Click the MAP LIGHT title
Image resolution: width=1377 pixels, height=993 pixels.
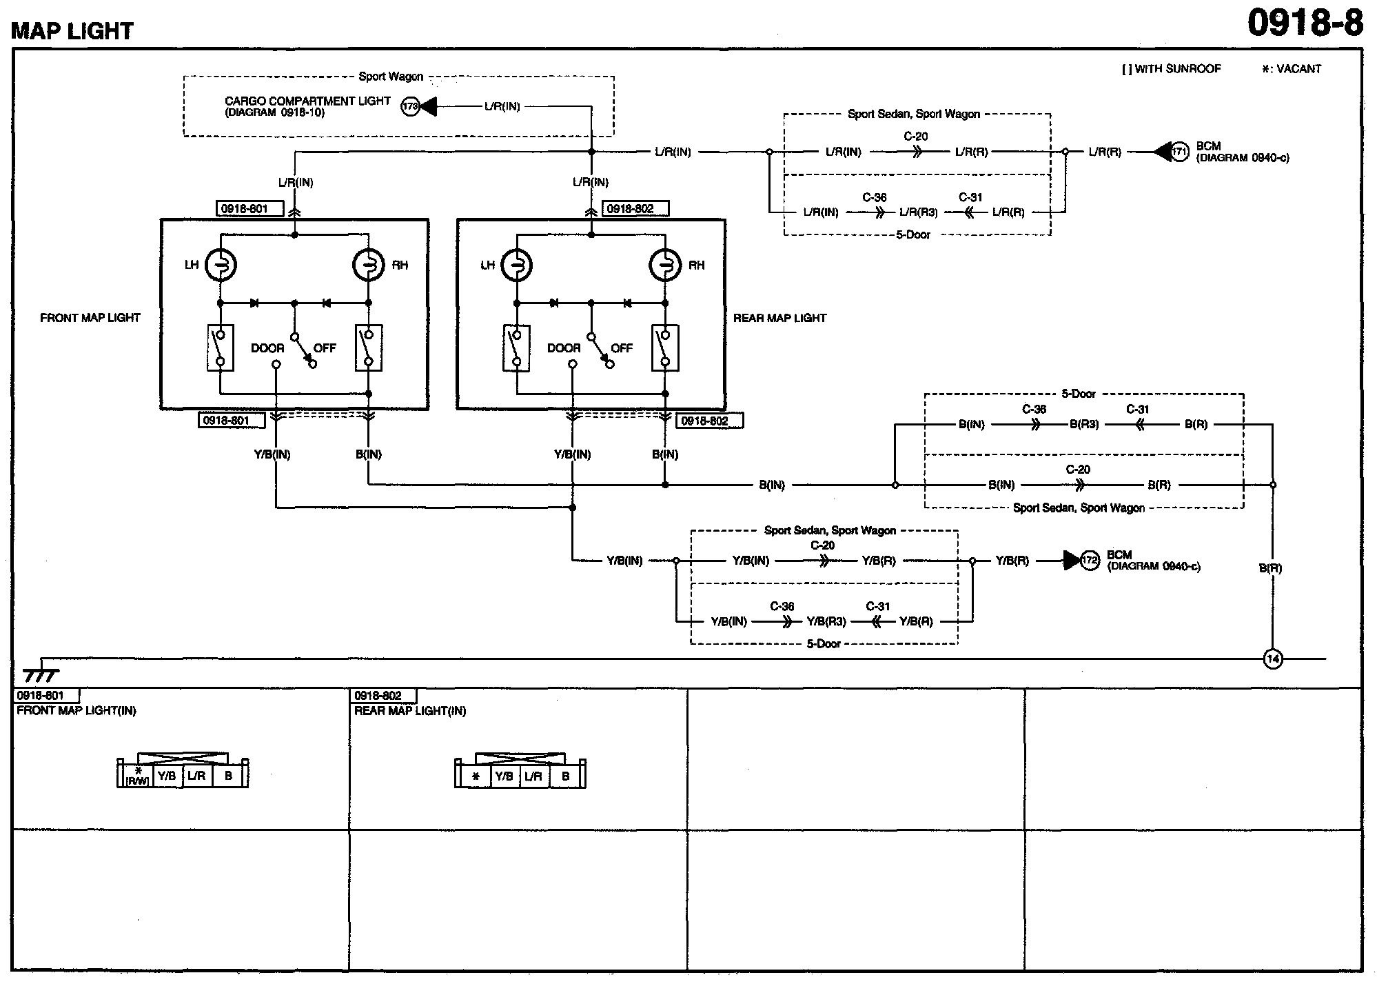72,30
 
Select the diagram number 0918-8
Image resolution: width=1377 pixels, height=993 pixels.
1305,23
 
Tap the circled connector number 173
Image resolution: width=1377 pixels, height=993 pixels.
411,107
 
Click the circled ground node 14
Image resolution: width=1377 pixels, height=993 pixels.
1272,659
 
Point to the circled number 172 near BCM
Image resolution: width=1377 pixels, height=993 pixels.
1089,561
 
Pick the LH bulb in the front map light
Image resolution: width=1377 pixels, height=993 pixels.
221,265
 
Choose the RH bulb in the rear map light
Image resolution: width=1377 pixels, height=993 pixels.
665,265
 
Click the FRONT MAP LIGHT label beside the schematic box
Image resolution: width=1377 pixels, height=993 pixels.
90,318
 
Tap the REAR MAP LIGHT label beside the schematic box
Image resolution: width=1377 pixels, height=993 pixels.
779,318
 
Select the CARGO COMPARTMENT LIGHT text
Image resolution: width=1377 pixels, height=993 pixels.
307,101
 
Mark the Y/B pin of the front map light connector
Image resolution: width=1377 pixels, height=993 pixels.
167,776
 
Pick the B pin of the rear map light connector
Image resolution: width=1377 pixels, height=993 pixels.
566,776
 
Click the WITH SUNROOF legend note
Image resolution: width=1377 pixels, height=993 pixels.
1172,69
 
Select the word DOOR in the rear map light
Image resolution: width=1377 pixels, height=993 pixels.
564,348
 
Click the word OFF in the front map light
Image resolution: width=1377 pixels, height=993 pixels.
325,348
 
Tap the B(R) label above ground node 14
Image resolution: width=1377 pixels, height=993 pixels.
1270,568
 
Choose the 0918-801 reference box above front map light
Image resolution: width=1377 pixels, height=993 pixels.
245,209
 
